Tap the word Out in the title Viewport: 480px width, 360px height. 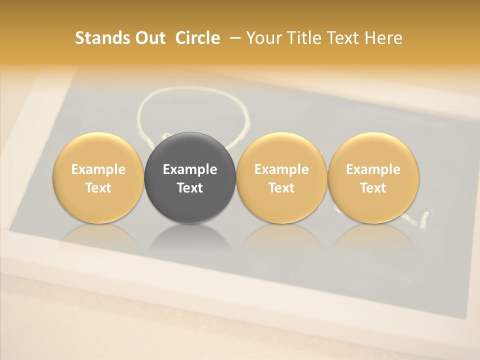click(149, 38)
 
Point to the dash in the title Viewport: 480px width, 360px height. click(233, 38)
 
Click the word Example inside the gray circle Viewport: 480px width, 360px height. click(190, 169)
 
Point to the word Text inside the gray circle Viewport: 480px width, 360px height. click(190, 188)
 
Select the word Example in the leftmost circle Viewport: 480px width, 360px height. click(98, 169)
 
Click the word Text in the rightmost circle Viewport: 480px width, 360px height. click(373, 188)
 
